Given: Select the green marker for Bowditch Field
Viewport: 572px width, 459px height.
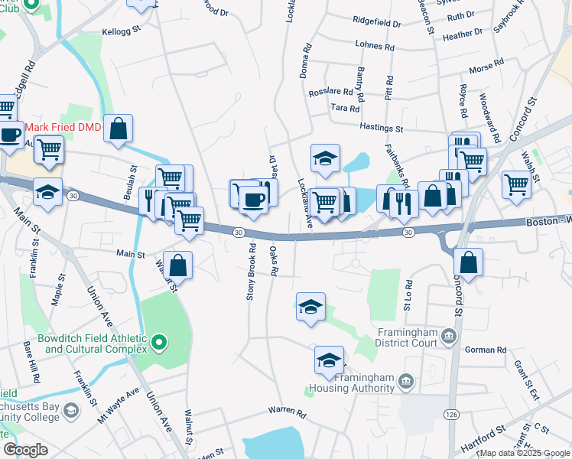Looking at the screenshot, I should click(159, 343).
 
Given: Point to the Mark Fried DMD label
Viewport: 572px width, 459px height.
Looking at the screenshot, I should click(63, 128).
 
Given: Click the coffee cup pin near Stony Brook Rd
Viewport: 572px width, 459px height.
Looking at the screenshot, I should click(252, 200).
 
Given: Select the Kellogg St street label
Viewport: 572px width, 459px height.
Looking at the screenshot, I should click(122, 32).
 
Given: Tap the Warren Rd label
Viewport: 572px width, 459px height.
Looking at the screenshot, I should click(287, 412).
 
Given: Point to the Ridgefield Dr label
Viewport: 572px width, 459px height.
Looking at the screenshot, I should click(377, 24).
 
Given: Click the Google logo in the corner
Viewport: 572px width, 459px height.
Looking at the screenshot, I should click(25, 449).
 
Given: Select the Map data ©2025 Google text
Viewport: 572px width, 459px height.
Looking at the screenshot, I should click(525, 453).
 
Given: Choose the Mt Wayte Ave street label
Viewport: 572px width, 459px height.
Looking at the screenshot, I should click(119, 405).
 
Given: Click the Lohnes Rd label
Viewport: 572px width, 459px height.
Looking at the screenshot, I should click(375, 47).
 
